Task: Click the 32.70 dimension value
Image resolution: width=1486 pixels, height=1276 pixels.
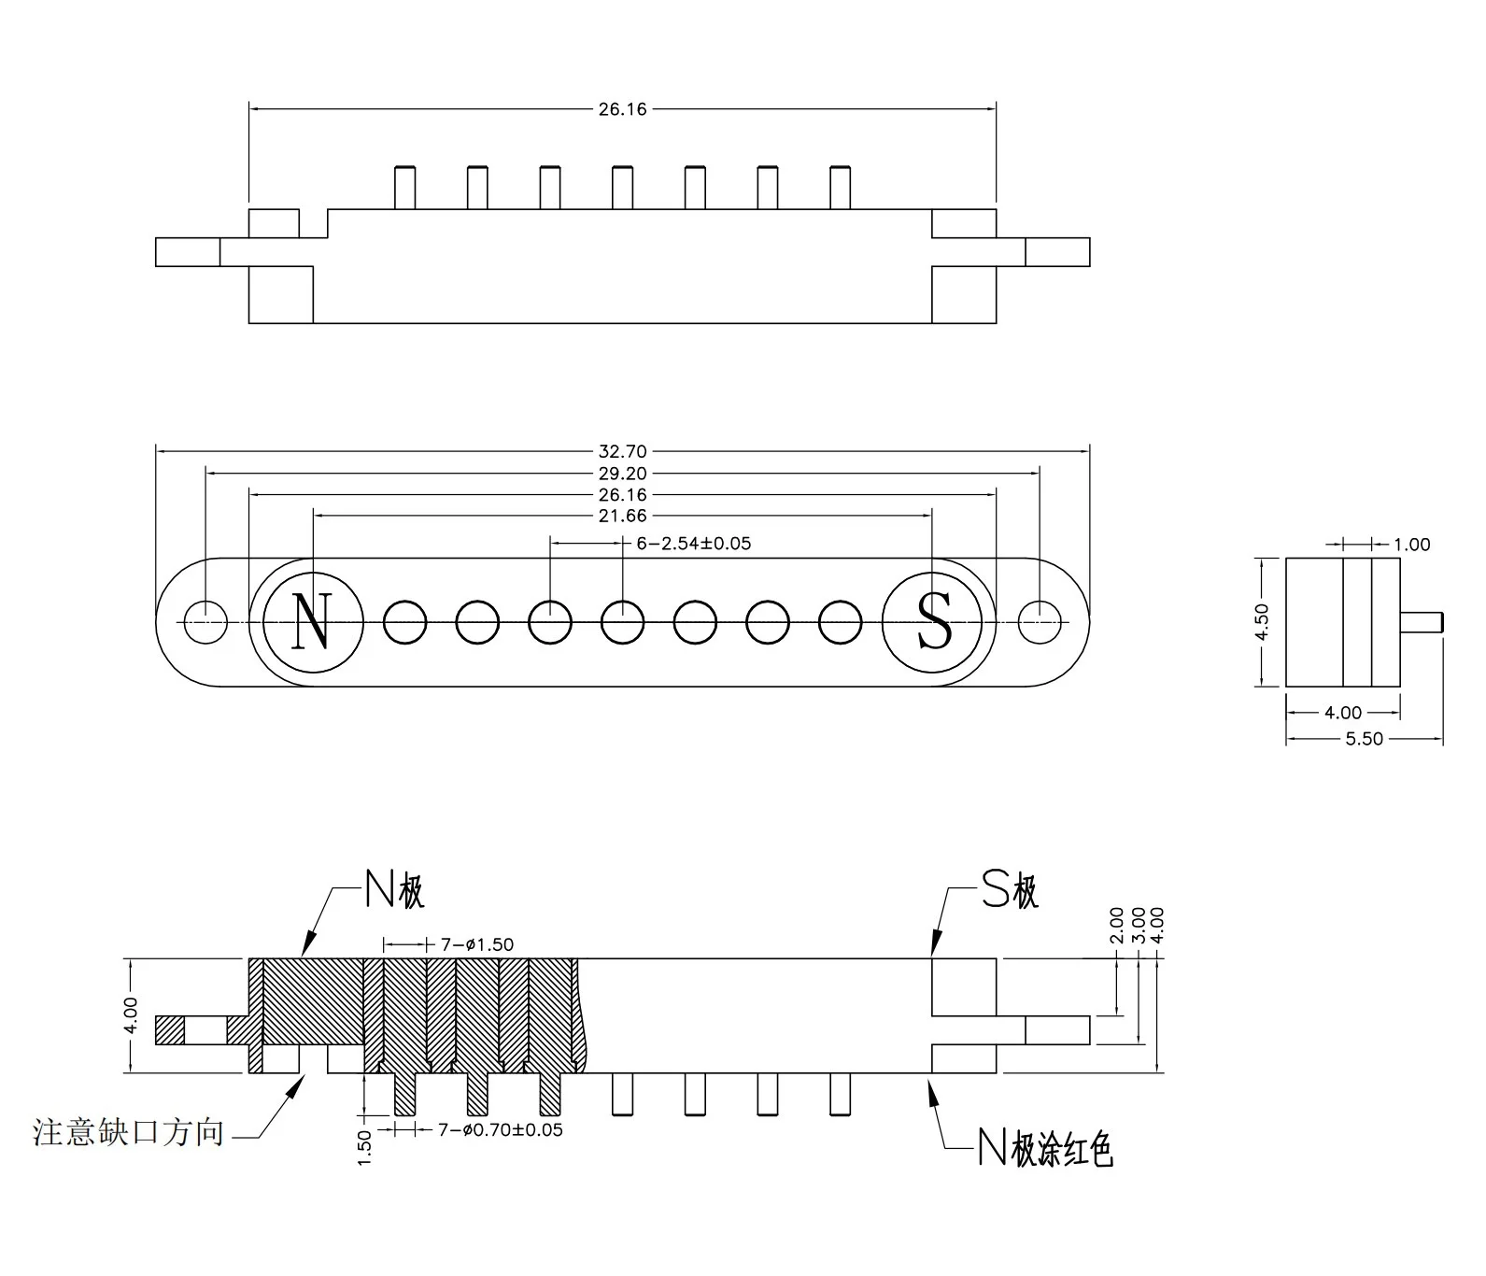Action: pyautogui.click(x=622, y=451)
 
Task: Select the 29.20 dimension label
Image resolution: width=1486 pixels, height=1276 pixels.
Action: pyautogui.click(x=622, y=474)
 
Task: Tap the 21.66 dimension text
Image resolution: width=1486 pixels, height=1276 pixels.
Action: pyautogui.click(x=622, y=516)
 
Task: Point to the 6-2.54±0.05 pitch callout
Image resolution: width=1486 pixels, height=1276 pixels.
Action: pyautogui.click(x=693, y=543)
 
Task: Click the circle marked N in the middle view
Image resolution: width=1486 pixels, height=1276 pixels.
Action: pyautogui.click(x=313, y=621)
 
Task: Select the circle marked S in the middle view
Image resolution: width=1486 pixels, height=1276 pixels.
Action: pyautogui.click(x=932, y=621)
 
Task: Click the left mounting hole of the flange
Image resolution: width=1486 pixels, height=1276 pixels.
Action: pyautogui.click(x=205, y=622)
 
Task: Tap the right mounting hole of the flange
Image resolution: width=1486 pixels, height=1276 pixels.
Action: pyautogui.click(x=1040, y=622)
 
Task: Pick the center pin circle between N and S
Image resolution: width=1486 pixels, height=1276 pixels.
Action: pyautogui.click(x=622, y=622)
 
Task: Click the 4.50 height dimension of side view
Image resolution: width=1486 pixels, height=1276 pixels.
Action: pyautogui.click(x=1262, y=621)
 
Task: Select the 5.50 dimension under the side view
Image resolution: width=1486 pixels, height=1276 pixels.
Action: pyautogui.click(x=1364, y=739)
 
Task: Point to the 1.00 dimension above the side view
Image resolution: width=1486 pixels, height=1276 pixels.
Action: pyautogui.click(x=1411, y=545)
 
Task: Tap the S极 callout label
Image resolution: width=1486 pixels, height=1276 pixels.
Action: pyautogui.click(x=1010, y=890)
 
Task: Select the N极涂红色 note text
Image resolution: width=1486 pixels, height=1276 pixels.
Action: pyautogui.click(x=1045, y=1148)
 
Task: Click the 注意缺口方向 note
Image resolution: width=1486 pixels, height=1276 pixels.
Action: pyautogui.click(x=129, y=1132)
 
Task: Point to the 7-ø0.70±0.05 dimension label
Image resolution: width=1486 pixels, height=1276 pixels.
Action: pyautogui.click(x=501, y=1130)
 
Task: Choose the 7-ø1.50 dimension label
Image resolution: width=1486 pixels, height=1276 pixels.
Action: pyautogui.click(x=476, y=944)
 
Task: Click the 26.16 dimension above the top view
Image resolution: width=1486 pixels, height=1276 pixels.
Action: pyautogui.click(x=622, y=109)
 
